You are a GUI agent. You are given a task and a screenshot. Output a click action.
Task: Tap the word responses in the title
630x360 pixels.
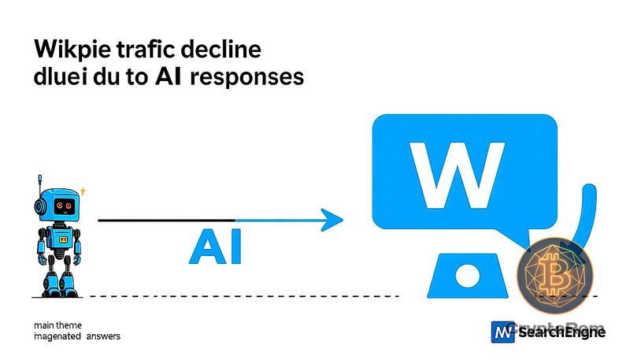[255, 80]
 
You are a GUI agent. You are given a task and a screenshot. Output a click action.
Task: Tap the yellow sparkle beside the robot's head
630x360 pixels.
[83, 191]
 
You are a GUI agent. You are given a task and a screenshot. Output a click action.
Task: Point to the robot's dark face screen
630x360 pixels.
[63, 206]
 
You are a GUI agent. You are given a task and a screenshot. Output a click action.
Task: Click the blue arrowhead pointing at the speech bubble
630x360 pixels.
[334, 219]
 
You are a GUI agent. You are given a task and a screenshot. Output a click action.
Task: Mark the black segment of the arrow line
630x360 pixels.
[166, 220]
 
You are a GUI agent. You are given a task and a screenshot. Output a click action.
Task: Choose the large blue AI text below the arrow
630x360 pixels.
[215, 247]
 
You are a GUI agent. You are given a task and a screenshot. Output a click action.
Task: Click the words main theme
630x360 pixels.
[57, 325]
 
